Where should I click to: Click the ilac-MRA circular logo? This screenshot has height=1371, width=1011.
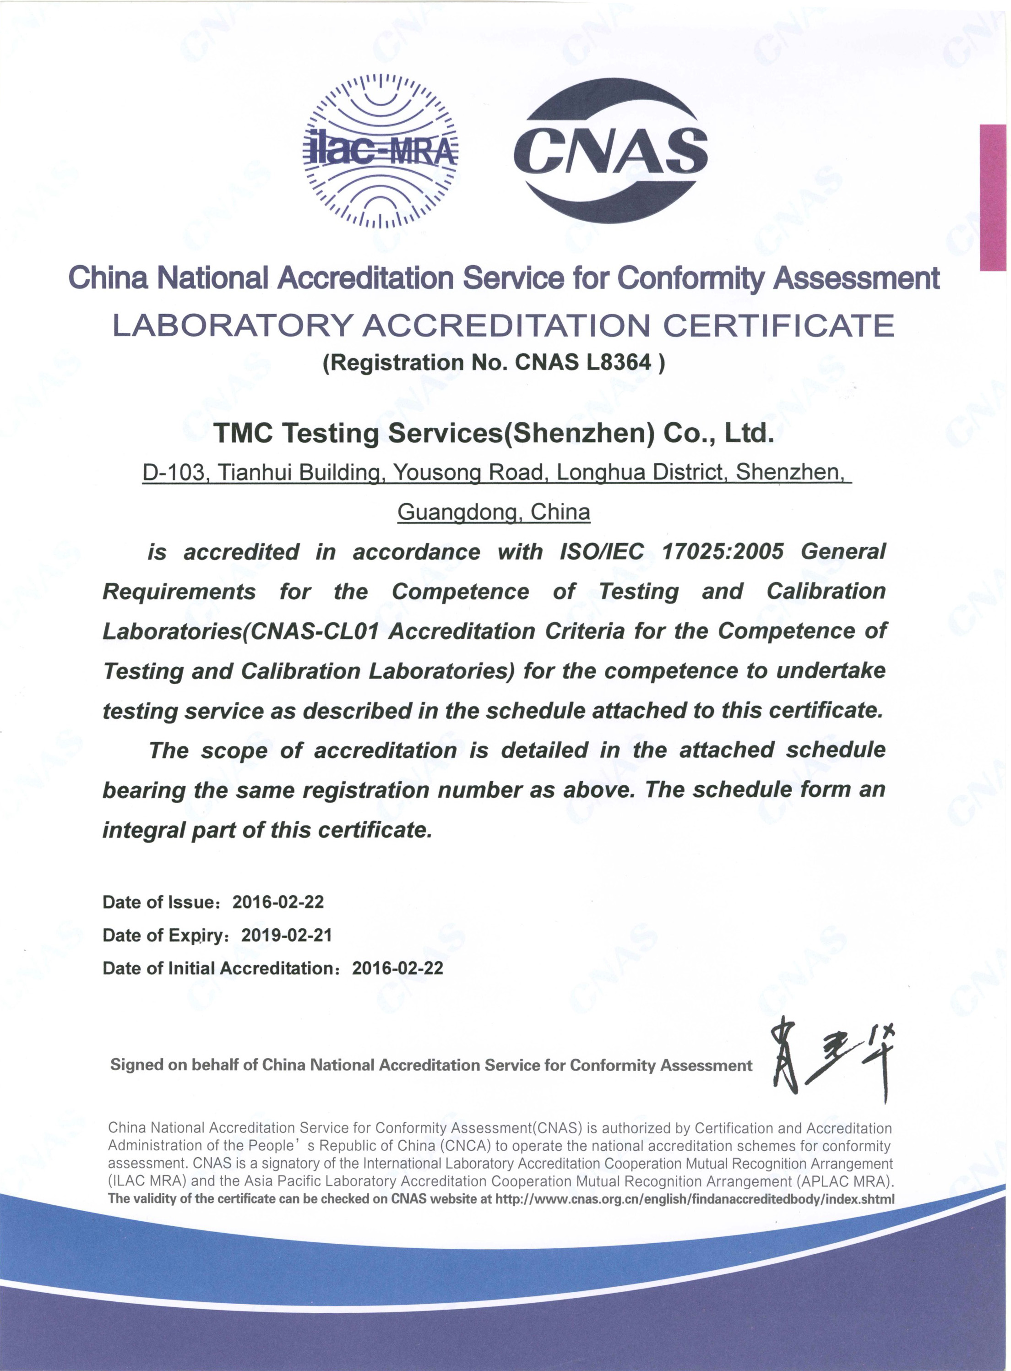[x=380, y=151]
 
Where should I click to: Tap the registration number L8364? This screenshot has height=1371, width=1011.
[x=618, y=363]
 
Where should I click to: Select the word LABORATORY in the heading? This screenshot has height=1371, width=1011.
[x=230, y=326]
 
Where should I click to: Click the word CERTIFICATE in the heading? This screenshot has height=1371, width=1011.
[x=779, y=326]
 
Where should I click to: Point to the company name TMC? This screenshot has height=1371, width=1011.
[x=244, y=433]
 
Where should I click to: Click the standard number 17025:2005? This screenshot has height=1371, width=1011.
[x=722, y=552]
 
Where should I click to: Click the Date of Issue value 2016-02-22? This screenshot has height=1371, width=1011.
[x=278, y=902]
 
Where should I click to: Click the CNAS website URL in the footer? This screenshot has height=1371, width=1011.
[x=695, y=1199]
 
